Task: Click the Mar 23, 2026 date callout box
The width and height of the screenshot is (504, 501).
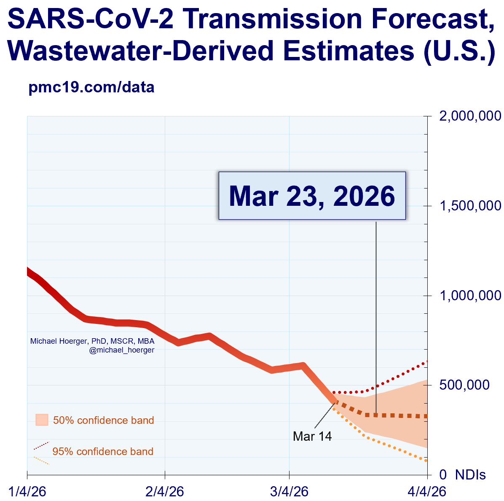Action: pos(312,196)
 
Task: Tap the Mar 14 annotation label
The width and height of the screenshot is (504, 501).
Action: pos(312,436)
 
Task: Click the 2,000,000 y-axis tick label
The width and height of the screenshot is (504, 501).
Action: pos(470,116)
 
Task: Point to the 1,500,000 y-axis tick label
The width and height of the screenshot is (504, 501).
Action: pos(470,206)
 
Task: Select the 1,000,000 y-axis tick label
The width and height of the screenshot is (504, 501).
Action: pos(470,295)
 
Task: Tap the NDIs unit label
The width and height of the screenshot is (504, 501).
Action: pos(470,475)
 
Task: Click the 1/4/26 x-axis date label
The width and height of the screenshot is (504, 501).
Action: pos(27,492)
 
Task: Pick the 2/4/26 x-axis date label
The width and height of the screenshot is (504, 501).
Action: pos(165,492)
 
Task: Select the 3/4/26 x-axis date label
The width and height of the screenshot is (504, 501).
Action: pos(290,492)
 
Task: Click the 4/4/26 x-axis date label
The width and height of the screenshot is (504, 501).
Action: pos(427,492)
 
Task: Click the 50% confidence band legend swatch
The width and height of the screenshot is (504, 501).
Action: pos(42,420)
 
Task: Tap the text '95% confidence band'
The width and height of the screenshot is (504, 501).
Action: pos(103,452)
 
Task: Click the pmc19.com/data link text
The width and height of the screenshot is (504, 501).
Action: pos(91,87)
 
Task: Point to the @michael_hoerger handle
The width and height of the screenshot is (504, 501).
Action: pos(122,350)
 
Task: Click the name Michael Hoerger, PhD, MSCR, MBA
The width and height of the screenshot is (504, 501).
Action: pos(92,341)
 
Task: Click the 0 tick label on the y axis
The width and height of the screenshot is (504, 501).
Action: pos(443,475)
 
